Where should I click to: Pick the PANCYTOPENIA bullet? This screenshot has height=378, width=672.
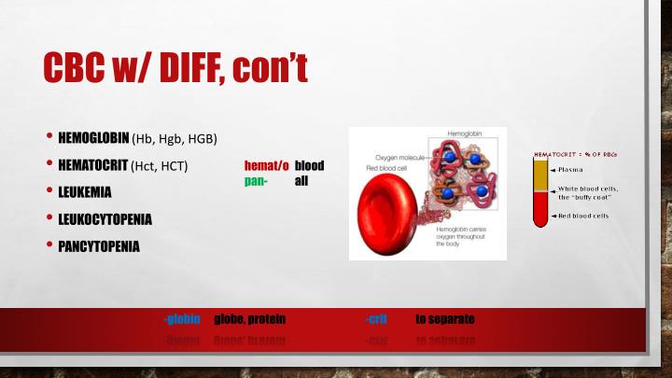(99, 246)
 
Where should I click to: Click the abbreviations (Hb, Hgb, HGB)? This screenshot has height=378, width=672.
(175, 140)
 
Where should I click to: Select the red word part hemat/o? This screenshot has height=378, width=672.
(265, 165)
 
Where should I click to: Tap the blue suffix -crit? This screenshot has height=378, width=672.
(376, 319)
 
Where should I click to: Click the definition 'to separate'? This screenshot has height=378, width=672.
(445, 319)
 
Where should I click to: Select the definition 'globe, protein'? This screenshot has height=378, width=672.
(248, 319)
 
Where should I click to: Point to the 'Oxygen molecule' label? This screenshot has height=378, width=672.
(400, 158)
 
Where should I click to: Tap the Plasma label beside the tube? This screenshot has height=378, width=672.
(570, 169)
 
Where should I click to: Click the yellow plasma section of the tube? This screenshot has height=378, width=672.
(539, 175)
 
